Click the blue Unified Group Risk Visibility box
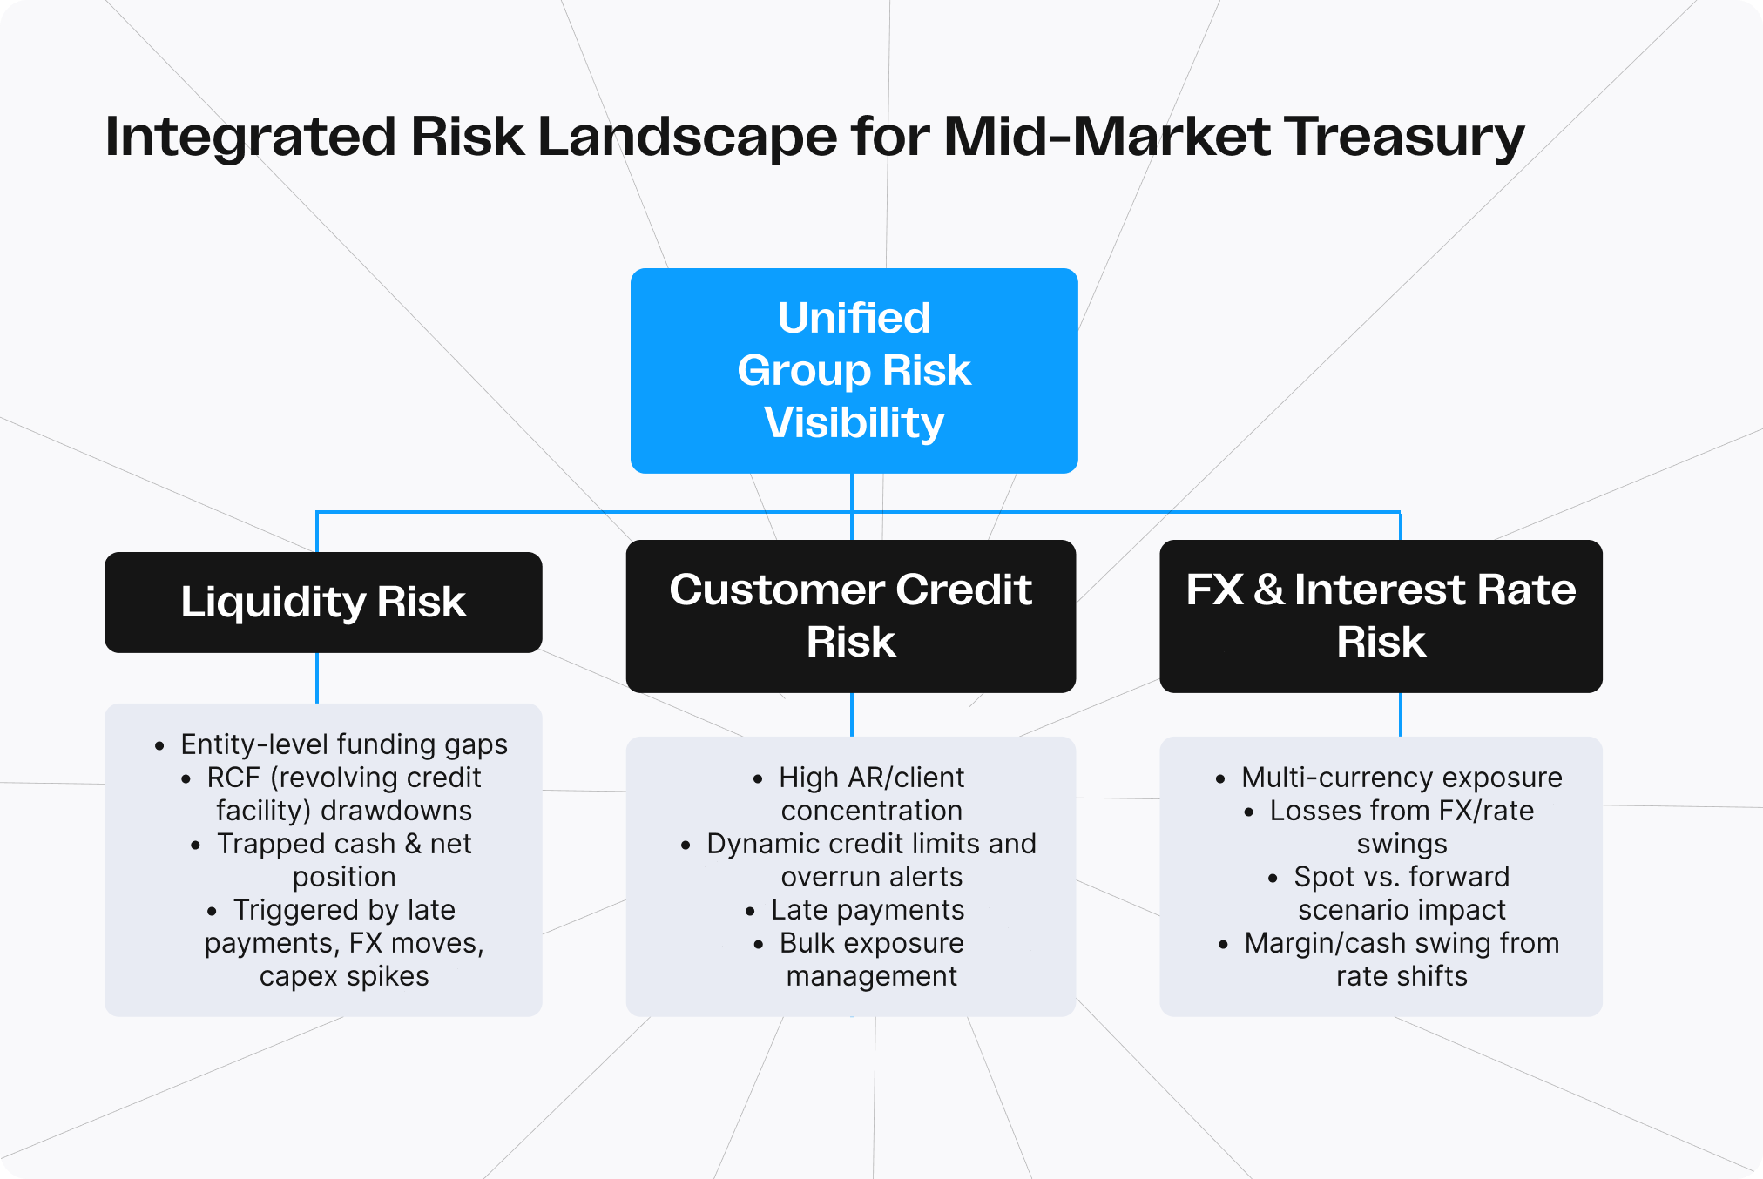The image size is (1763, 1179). click(x=854, y=370)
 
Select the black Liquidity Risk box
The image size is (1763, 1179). click(x=323, y=602)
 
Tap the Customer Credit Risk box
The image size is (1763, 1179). click(x=850, y=616)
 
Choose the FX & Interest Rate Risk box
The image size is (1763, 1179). click(x=1381, y=616)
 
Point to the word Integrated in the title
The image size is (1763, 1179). click(x=249, y=138)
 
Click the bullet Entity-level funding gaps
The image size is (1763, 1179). click(x=343, y=744)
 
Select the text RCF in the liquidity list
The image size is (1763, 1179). click(x=233, y=778)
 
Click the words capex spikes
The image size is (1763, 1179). click(x=343, y=976)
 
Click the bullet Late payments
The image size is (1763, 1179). click(x=868, y=910)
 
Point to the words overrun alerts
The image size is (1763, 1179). click(x=871, y=877)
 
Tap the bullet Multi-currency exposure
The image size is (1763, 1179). click(x=1401, y=778)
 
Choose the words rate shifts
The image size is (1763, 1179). click(x=1401, y=976)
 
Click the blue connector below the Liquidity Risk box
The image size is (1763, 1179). click(x=317, y=677)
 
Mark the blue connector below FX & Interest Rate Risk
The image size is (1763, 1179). click(x=1400, y=714)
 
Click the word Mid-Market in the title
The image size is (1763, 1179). click(x=1106, y=138)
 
